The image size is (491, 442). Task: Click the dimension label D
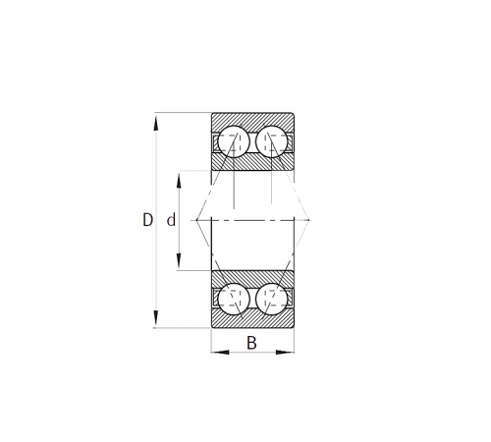tap(147, 220)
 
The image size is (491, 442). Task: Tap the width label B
tap(251, 343)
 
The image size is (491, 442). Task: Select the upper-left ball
tap(234, 141)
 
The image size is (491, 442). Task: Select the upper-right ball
tap(272, 141)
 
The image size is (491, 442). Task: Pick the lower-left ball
tap(234, 299)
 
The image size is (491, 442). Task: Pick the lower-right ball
tap(272, 299)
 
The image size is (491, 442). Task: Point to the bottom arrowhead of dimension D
tap(156, 318)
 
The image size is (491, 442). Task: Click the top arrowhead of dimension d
tap(179, 180)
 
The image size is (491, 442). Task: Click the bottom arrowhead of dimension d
tap(179, 261)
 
